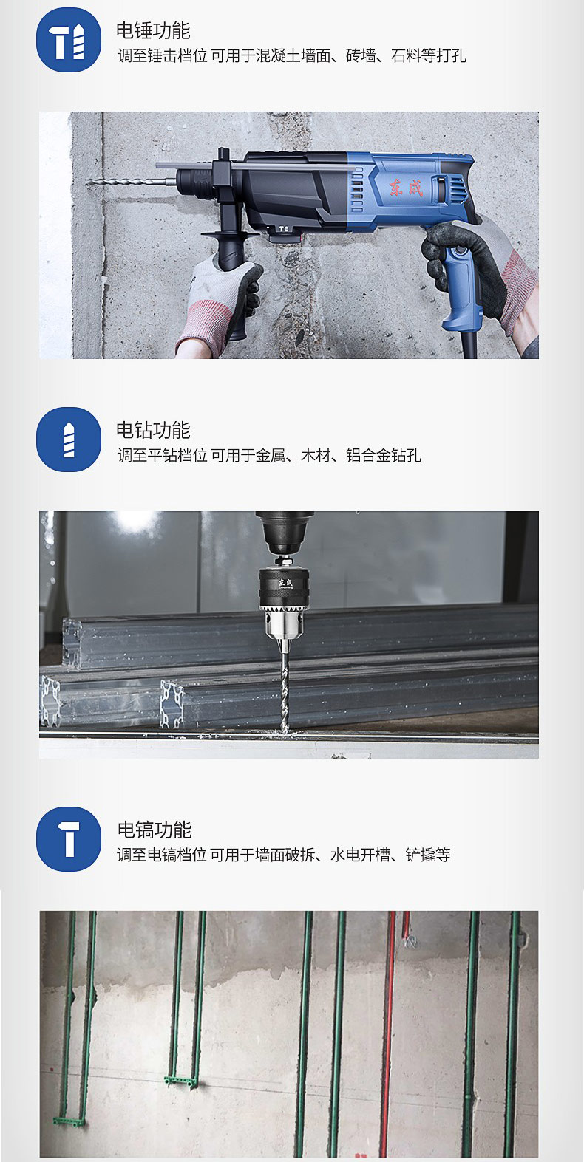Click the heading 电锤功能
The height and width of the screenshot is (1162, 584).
click(x=153, y=30)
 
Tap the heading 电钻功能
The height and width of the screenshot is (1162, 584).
click(x=153, y=430)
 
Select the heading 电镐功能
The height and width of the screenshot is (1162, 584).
click(x=155, y=830)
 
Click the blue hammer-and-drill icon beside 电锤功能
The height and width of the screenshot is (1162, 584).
click(x=69, y=40)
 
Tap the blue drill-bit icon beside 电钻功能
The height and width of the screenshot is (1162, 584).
click(x=69, y=440)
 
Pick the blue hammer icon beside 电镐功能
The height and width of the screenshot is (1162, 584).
click(x=69, y=839)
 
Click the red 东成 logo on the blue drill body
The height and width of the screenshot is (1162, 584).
click(x=407, y=188)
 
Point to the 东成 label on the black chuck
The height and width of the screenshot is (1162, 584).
click(x=285, y=583)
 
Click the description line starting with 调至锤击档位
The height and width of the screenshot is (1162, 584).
click(x=292, y=55)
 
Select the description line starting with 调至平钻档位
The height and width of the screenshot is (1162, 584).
click(x=269, y=455)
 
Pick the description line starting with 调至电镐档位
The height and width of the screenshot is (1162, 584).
click(x=283, y=855)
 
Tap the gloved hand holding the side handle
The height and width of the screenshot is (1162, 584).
click(x=220, y=306)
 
